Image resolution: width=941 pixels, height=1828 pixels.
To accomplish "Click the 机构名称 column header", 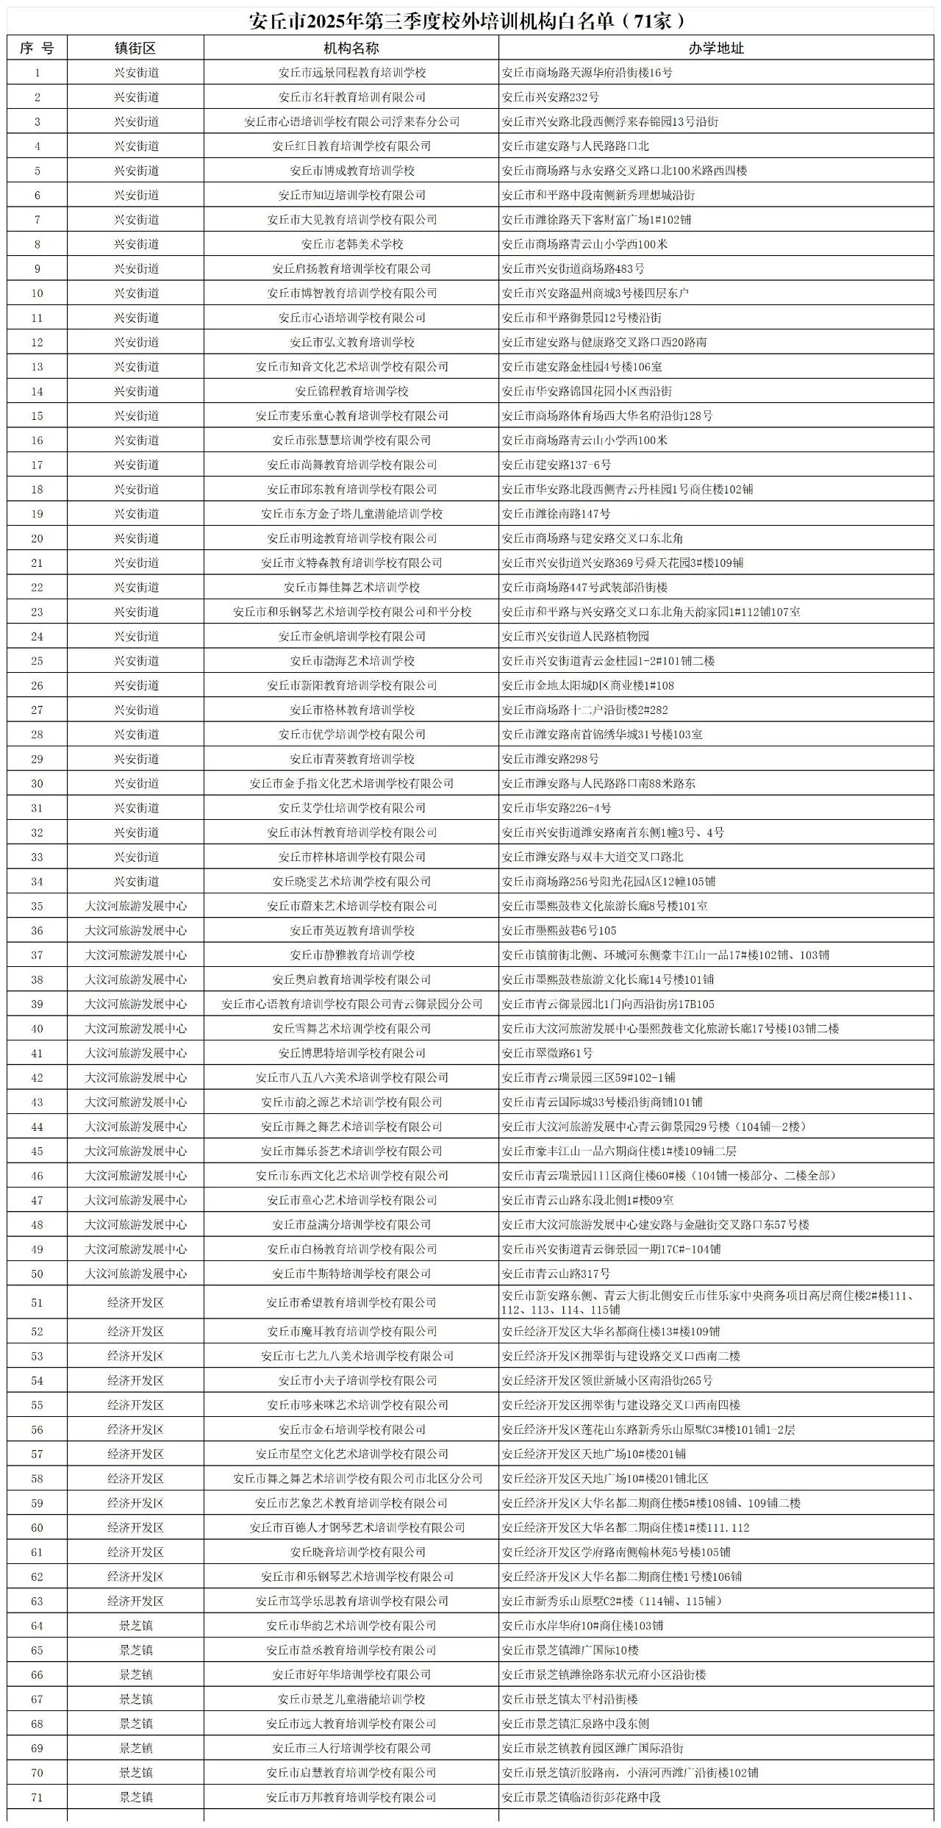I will [351, 49].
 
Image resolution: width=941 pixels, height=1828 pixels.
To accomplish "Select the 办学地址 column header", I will [716, 49].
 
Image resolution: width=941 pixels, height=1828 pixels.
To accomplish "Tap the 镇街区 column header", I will [135, 49].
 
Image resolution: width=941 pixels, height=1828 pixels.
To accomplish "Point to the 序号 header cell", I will [37, 49].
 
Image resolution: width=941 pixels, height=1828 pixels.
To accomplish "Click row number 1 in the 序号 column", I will [37, 73].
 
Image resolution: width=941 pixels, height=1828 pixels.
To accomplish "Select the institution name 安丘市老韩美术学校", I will [351, 244].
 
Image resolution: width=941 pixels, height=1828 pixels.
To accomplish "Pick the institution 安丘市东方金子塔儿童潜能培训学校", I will [351, 514].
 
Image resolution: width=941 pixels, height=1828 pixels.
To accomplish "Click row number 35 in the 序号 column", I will [37, 906].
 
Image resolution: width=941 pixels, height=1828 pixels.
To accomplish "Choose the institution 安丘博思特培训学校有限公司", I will [351, 1053].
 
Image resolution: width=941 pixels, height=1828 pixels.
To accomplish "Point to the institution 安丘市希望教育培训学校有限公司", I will [351, 1303].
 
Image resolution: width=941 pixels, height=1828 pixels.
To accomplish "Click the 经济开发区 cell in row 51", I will [135, 1303].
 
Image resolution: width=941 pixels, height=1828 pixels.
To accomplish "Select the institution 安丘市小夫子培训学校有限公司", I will [351, 1381].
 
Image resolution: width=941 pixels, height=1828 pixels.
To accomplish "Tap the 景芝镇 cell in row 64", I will [135, 1626].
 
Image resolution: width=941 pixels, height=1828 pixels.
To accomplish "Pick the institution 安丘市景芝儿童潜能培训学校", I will [351, 1699].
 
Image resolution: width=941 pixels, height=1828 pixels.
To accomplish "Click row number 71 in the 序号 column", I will [37, 1797].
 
